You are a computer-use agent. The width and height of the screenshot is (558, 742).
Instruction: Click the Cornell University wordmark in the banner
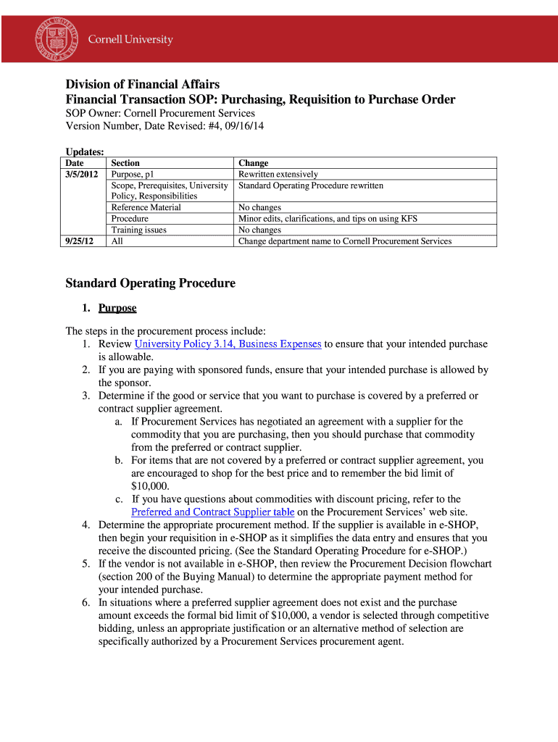130,40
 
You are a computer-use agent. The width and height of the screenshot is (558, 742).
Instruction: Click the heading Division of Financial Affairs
143,85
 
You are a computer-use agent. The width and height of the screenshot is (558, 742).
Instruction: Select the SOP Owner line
160,113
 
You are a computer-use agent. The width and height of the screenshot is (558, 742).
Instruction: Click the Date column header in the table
75,163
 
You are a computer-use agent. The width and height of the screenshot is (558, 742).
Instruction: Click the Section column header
125,163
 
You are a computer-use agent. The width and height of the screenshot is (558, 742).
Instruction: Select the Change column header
253,163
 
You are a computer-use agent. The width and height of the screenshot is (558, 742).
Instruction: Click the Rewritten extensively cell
278,175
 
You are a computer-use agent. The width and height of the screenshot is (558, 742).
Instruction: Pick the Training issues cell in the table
138,230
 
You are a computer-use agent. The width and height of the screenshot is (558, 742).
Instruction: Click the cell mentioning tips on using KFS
328,219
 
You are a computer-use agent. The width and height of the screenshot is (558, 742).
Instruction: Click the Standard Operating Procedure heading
150,283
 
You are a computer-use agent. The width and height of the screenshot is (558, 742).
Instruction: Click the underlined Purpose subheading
117,308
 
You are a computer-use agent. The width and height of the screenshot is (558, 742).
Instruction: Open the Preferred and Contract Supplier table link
212,512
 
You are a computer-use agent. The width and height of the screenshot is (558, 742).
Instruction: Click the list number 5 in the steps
85,564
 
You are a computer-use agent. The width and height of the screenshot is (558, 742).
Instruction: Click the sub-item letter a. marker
119,422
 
